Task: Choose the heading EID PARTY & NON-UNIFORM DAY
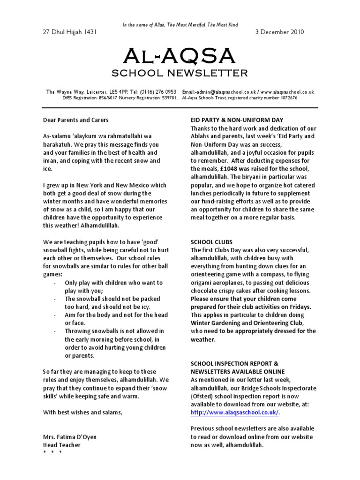click(x=237, y=120)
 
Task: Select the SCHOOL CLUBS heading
click(x=212, y=242)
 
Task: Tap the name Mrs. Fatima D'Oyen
click(x=70, y=437)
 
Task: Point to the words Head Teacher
click(x=62, y=445)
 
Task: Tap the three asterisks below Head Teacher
click(x=52, y=453)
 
